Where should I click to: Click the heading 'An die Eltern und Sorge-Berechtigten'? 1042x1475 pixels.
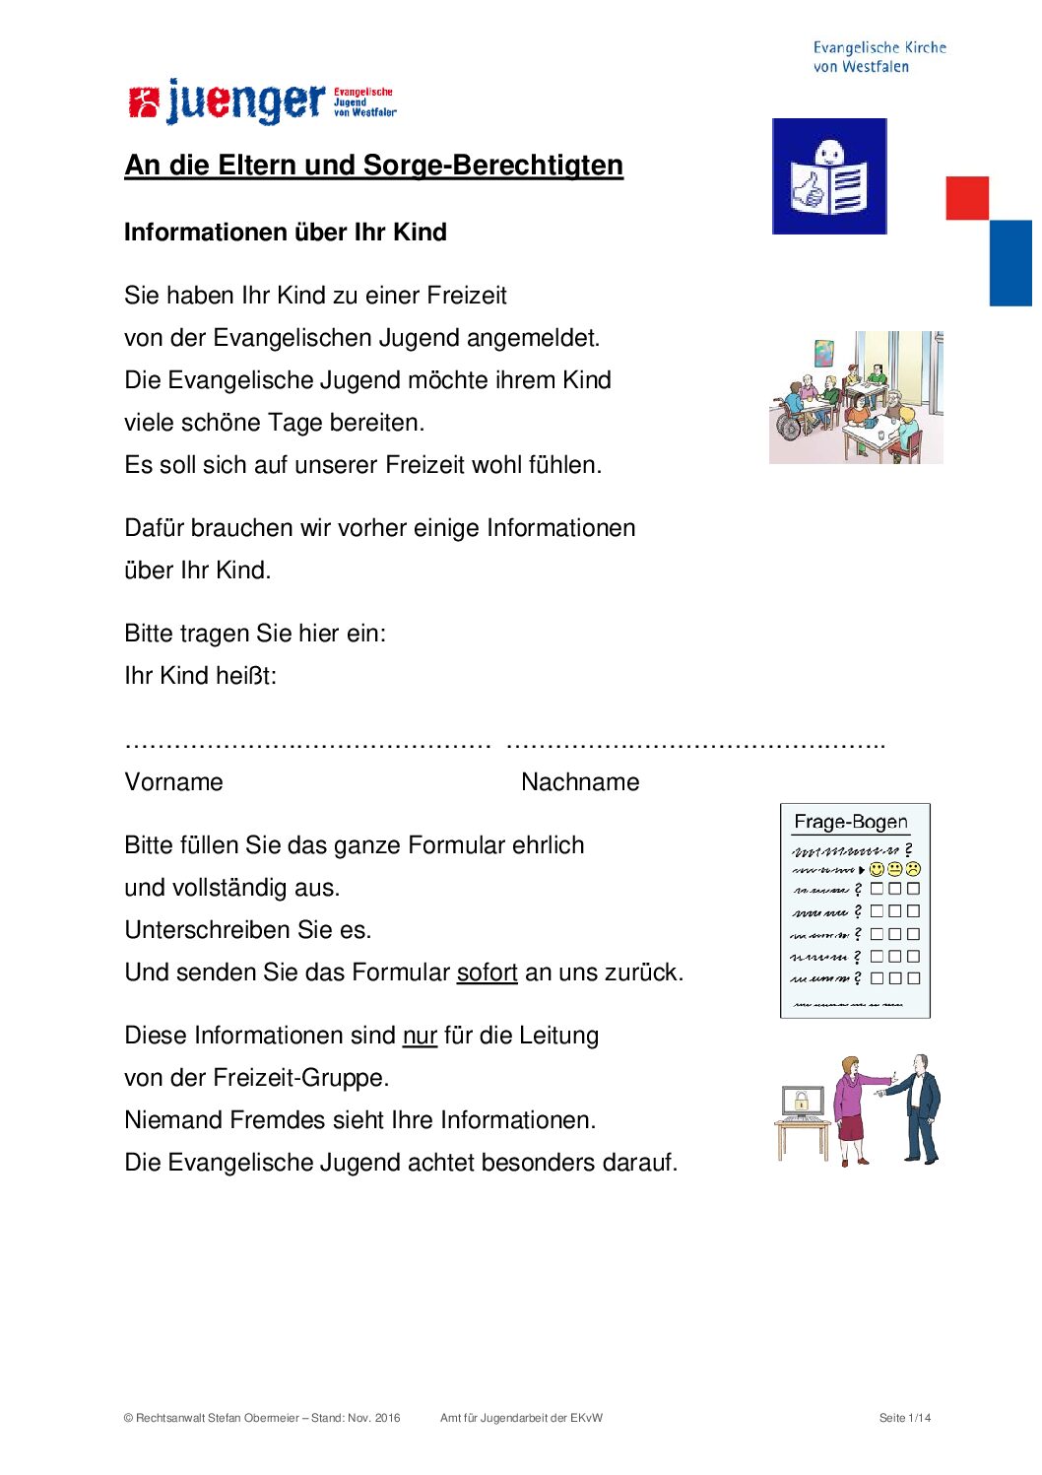pos(373,166)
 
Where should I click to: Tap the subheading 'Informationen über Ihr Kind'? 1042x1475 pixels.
pos(285,233)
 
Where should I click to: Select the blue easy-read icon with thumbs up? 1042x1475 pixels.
pos(829,176)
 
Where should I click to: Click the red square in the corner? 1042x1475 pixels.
pos(967,198)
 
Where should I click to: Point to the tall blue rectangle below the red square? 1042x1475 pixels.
pos(1010,263)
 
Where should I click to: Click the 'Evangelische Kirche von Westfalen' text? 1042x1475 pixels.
pos(879,57)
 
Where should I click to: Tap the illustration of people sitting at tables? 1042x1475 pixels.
pos(856,398)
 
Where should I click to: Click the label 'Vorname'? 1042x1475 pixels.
pos(173,782)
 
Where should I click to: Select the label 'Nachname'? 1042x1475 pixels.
pos(580,782)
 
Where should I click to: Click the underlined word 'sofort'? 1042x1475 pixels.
pos(487,972)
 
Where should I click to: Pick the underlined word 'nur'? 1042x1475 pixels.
pos(420,1036)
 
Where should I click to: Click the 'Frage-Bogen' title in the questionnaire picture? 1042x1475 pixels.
pos(851,822)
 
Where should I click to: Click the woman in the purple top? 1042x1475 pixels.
pos(852,1108)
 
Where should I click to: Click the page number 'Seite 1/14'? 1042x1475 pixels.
pos(904,1418)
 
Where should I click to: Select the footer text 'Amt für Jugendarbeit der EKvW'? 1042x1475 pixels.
pos(521,1418)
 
